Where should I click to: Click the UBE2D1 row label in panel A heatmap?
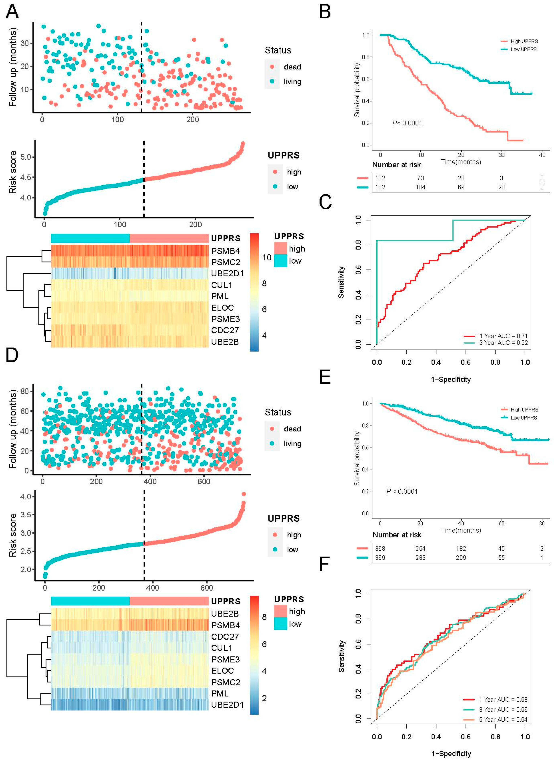pos(227,273)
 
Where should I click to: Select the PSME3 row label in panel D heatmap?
pos(225,659)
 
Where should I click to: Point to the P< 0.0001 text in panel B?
pos(407,123)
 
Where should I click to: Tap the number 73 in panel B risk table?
pos(421,178)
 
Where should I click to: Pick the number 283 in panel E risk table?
pos(421,557)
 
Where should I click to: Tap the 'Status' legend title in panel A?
pos(278,50)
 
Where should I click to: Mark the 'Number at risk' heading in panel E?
pos(397,535)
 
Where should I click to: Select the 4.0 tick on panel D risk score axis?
pos(25,497)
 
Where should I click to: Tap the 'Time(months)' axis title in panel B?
pos(461,162)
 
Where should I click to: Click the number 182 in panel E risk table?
pos(461,548)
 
